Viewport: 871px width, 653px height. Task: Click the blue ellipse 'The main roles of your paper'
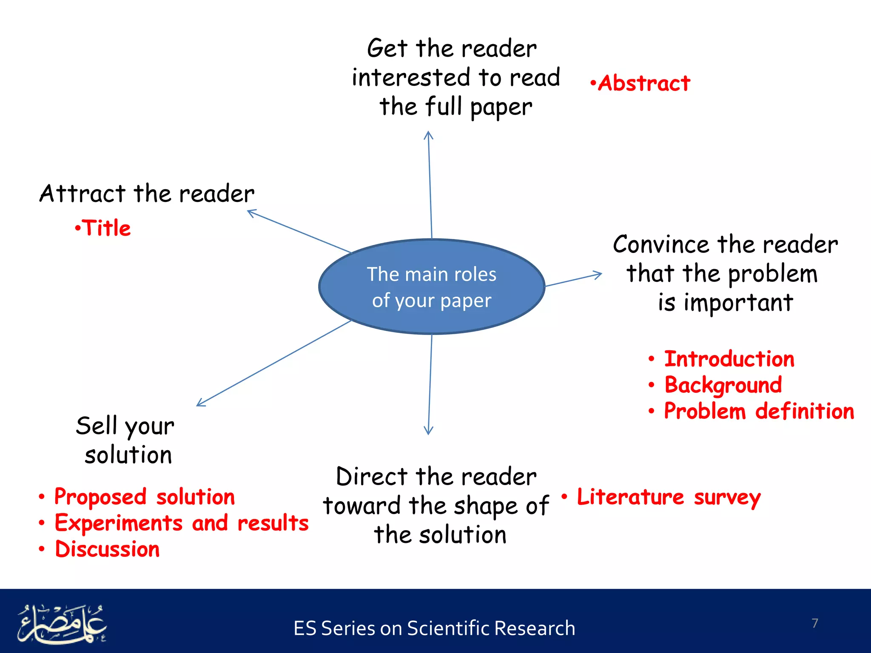[x=432, y=287]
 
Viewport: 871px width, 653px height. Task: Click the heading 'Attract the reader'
[x=147, y=194]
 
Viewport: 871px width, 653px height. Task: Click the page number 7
[x=814, y=623]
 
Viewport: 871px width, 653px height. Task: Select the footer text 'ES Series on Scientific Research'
[x=434, y=628]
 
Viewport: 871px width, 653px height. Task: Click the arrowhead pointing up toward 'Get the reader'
[x=428, y=135]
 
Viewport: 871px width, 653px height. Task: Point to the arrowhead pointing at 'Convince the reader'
[x=599, y=274]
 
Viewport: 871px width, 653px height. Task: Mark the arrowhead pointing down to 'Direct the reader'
[x=428, y=431]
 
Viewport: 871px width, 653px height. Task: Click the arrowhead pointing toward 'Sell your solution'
[x=200, y=403]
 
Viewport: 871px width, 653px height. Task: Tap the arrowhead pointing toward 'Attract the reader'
[x=250, y=212]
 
